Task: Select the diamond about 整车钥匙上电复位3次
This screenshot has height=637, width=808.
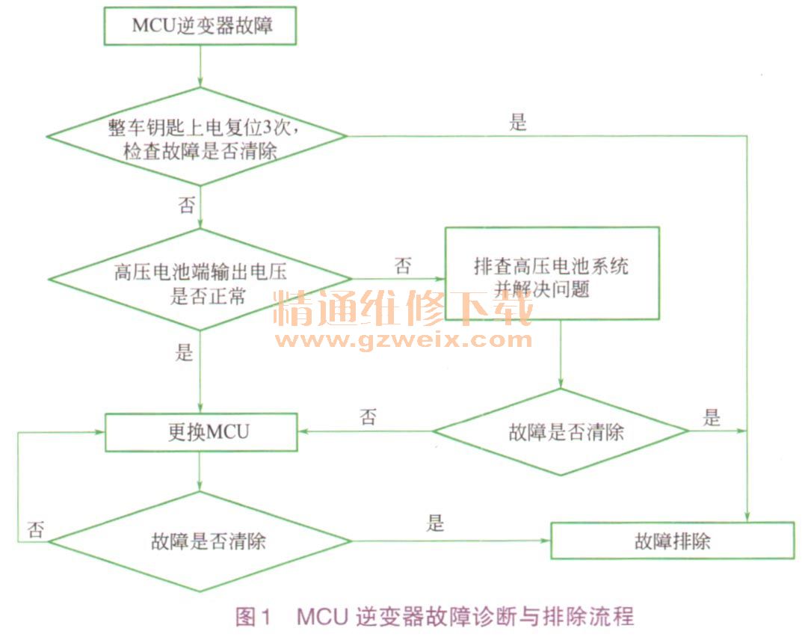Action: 199,136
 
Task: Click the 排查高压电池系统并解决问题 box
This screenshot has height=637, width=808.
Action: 552,274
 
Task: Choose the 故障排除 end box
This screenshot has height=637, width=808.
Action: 672,541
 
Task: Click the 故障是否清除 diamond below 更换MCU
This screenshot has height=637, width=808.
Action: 199,541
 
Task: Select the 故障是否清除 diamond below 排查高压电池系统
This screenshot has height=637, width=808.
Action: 561,431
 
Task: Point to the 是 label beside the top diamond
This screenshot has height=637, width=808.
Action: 518,123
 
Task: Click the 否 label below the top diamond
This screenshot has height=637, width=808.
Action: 185,205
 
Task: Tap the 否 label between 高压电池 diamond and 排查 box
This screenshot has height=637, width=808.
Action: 402,266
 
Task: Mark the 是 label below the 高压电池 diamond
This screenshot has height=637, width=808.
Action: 185,352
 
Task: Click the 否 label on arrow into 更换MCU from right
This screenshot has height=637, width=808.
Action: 368,416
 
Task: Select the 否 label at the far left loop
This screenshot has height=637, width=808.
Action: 35,530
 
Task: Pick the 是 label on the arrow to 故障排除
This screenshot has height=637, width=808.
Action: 435,523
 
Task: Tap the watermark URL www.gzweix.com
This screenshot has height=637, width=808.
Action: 404,340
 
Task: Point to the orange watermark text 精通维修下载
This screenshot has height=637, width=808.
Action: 404,308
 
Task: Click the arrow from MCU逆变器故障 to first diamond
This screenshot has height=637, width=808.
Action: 200,67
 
